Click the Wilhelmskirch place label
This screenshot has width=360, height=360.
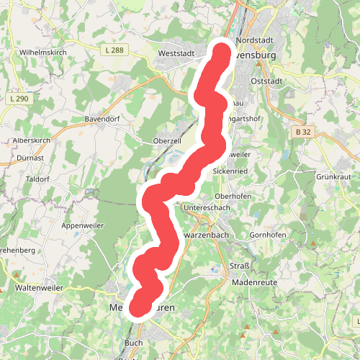click(43, 53)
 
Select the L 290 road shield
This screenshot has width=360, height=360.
click(19, 97)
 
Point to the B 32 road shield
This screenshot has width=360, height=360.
click(303, 132)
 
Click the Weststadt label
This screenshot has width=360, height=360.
click(176, 53)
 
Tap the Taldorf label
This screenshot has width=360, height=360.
click(36, 178)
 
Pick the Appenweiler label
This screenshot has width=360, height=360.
click(83, 225)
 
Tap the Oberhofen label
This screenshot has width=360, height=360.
click(233, 195)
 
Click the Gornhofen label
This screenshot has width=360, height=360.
click(268, 235)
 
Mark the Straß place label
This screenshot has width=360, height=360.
click(239, 266)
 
